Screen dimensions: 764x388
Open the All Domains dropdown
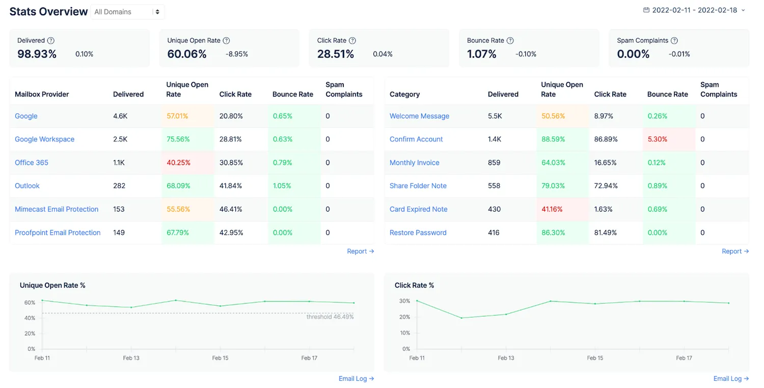point(127,12)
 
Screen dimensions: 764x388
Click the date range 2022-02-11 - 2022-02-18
point(694,10)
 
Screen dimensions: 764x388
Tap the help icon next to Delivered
point(51,41)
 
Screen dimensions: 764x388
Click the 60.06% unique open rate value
point(186,54)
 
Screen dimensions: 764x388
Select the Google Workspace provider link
point(44,139)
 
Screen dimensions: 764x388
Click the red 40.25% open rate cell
point(178,162)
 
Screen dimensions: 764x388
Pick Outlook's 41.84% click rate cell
point(231,186)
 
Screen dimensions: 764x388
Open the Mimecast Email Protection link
point(56,209)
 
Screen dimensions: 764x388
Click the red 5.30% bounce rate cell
point(657,139)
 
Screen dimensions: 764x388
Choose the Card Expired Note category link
point(419,209)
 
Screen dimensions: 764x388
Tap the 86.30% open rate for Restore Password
point(553,233)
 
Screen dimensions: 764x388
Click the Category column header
point(404,94)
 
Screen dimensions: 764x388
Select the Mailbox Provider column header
point(42,94)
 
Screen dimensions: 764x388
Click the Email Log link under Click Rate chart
point(731,378)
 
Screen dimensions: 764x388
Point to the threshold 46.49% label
point(330,317)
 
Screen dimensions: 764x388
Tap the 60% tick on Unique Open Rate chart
point(30,302)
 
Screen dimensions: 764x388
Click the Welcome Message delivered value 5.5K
point(495,116)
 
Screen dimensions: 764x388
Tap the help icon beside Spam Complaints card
point(674,41)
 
